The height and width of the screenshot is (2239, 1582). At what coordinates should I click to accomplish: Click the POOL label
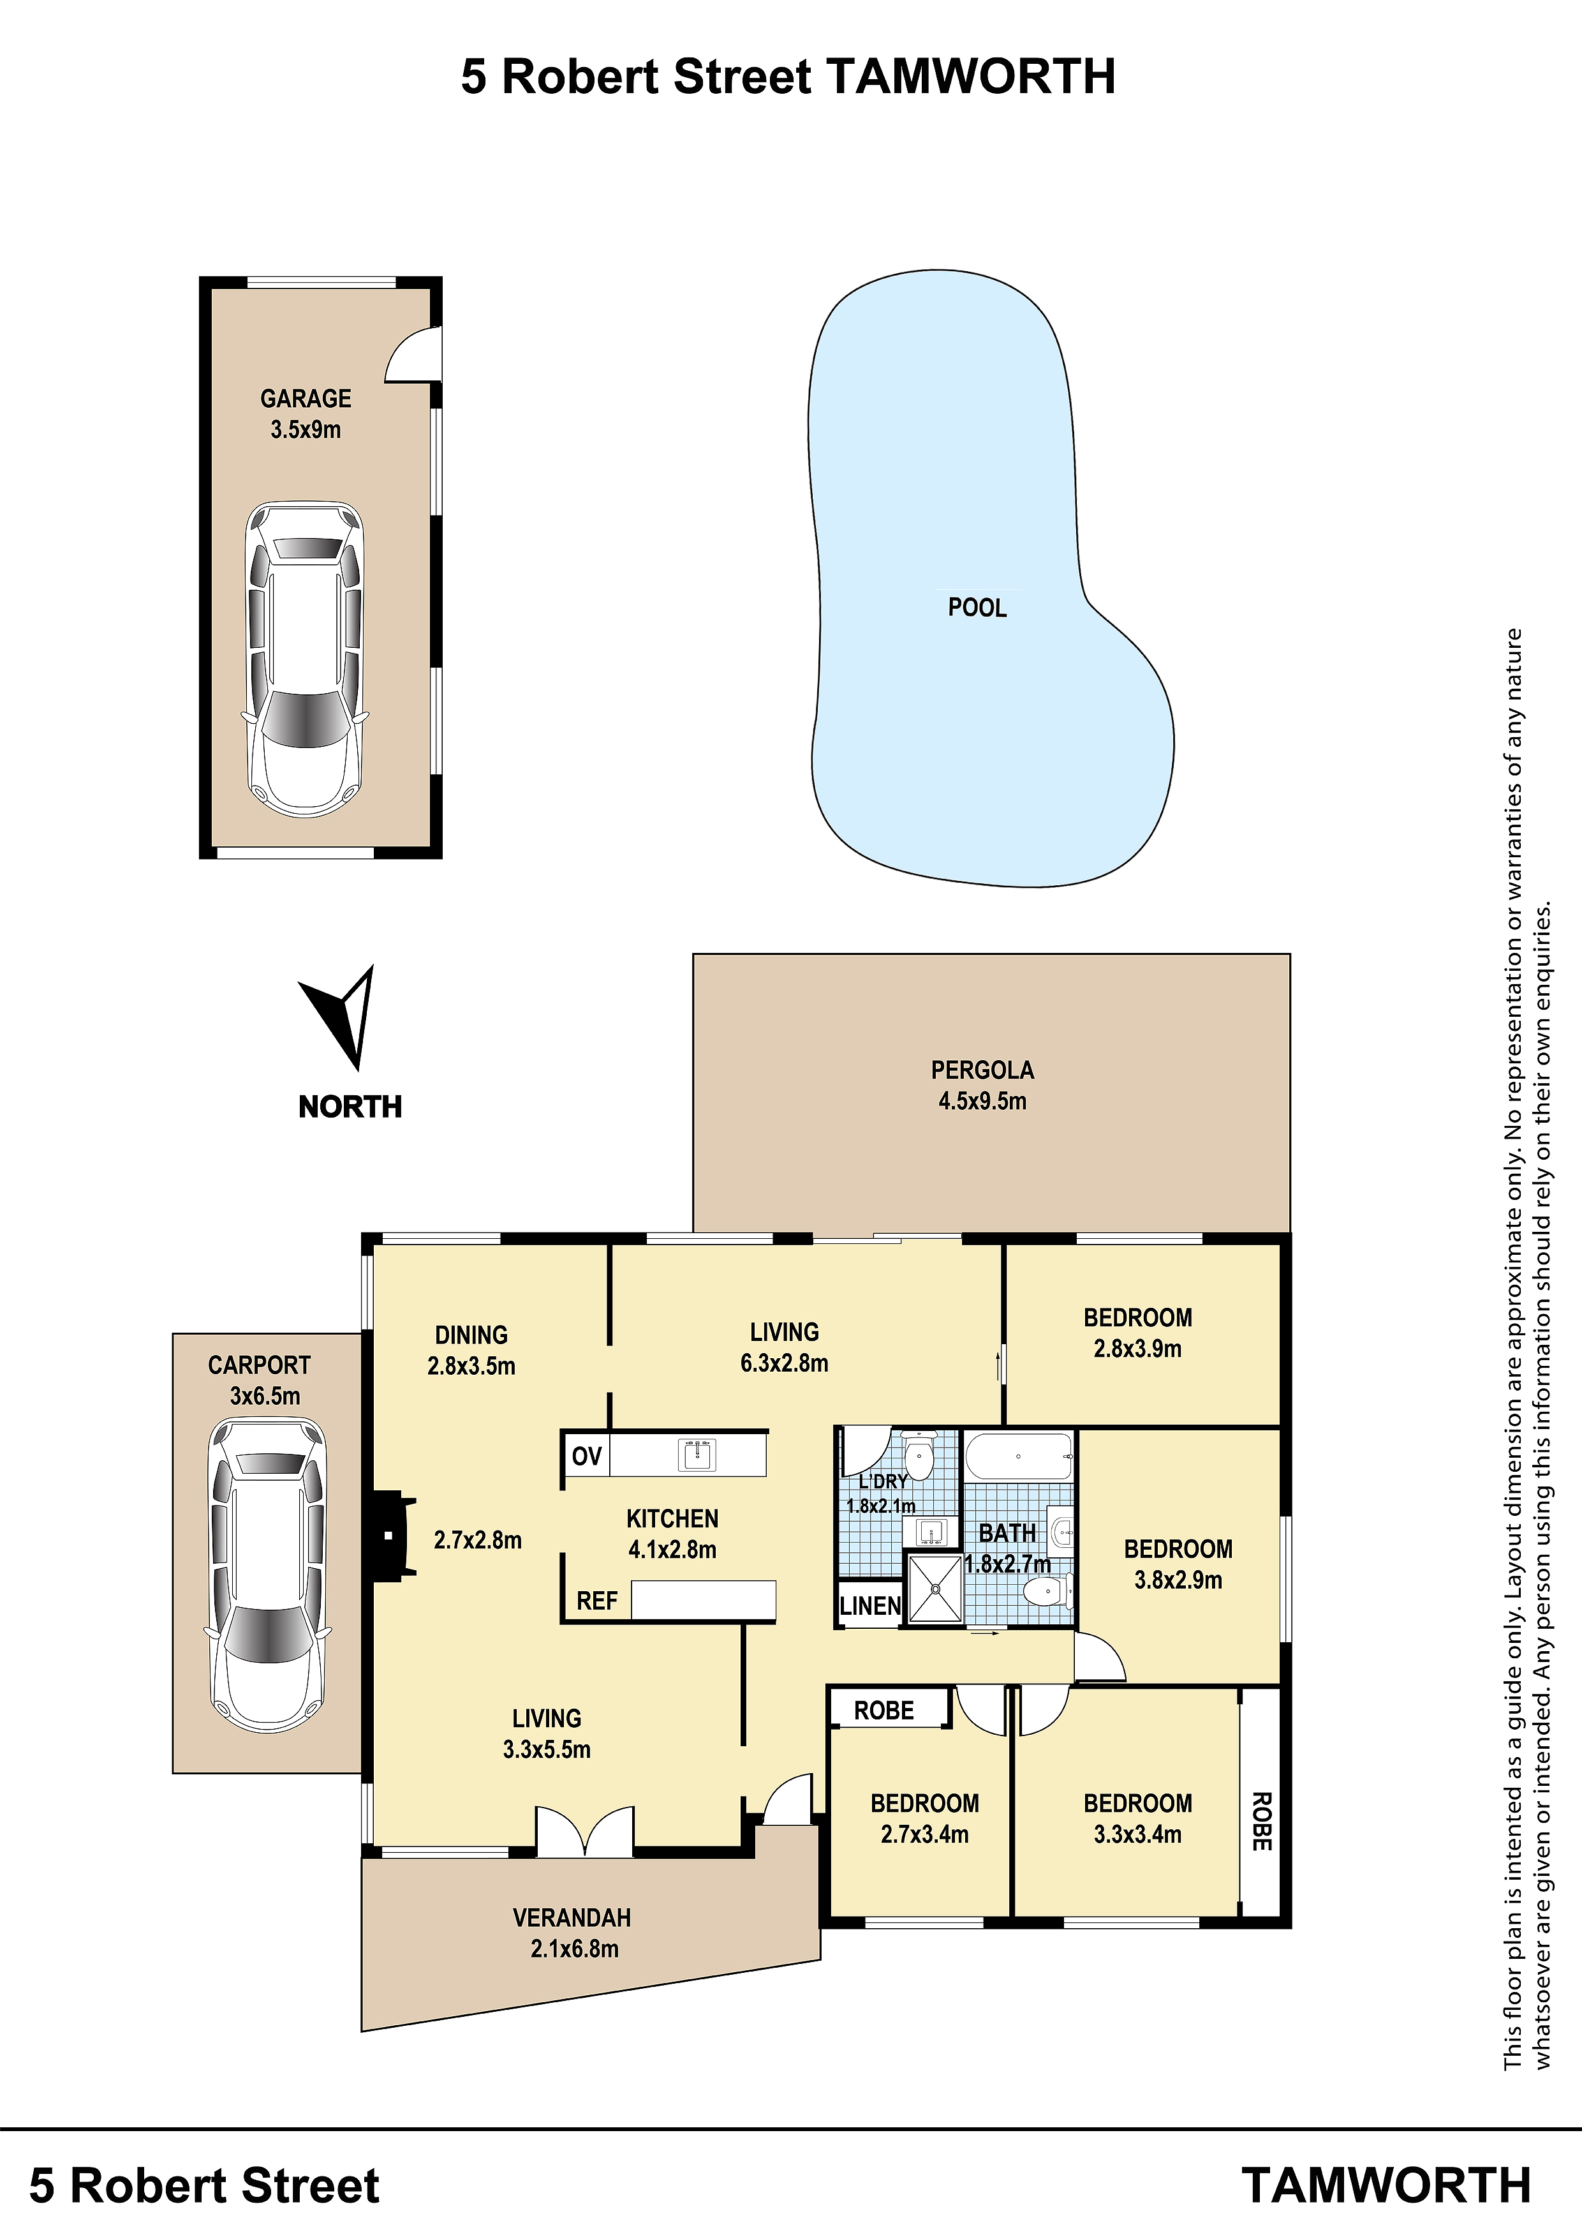[977, 608]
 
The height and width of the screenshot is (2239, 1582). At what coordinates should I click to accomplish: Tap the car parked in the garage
[305, 660]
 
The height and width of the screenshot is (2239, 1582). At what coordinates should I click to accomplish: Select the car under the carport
[267, 1575]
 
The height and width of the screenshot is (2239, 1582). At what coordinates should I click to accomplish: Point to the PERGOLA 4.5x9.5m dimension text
[982, 1101]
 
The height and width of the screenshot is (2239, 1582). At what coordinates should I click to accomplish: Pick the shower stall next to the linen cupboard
[935, 1589]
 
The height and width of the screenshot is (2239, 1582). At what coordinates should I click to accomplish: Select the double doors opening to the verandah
[585, 1831]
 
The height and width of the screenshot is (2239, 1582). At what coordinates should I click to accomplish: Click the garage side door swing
[411, 353]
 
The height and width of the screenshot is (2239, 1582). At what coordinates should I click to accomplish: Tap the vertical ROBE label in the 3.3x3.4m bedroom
[1261, 1822]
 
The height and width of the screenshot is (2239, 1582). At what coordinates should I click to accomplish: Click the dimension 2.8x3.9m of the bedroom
[1137, 1349]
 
